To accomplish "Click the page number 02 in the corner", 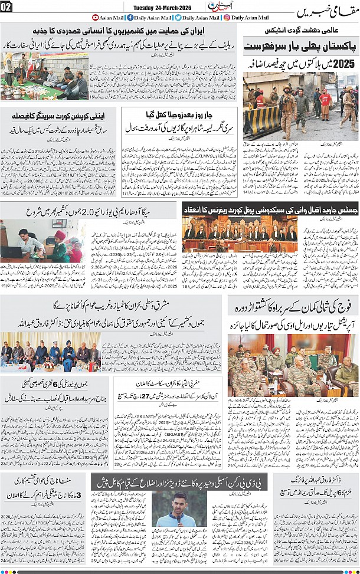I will pos(6,8).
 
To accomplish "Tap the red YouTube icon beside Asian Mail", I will pos(96,18).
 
